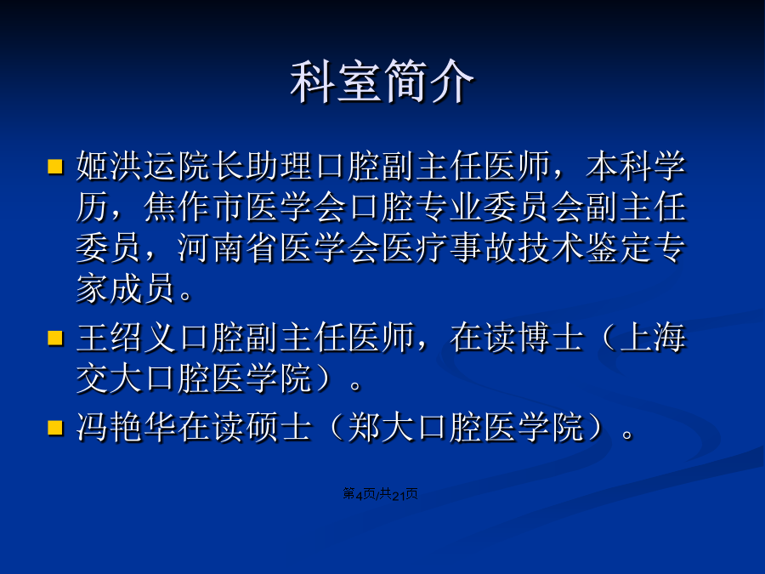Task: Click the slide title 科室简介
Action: [x=382, y=81]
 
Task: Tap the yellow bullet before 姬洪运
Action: [x=55, y=166]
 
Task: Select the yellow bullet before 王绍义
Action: [x=55, y=338]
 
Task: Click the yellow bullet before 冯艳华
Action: [x=55, y=428]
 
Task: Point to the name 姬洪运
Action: [x=127, y=166]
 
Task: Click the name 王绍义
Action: [x=127, y=338]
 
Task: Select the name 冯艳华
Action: [x=127, y=428]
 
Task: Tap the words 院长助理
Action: [x=246, y=166]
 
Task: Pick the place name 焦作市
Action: [x=195, y=207]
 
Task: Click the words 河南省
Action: [x=229, y=248]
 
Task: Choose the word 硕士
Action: [x=280, y=428]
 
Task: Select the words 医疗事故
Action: [x=450, y=248]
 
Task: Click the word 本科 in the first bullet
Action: [x=620, y=166]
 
